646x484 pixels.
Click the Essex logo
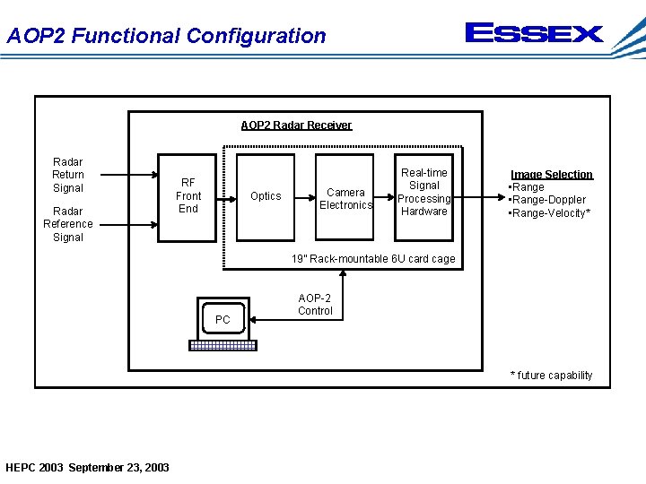pyautogui.click(x=534, y=34)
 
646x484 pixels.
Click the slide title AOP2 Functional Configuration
pyautogui.click(x=166, y=36)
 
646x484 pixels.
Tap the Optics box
pyautogui.click(x=266, y=195)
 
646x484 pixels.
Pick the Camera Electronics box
pyautogui.click(x=345, y=198)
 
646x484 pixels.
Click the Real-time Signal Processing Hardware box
pyautogui.click(x=423, y=192)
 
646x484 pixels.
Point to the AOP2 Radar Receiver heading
pyautogui.click(x=296, y=125)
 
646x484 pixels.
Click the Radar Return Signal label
pyautogui.click(x=68, y=175)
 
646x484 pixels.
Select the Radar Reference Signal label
pyautogui.click(x=68, y=224)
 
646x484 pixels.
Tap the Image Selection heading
pyautogui.click(x=552, y=175)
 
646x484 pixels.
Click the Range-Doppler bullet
pyautogui.click(x=547, y=200)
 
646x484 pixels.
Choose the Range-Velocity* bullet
pyautogui.click(x=549, y=212)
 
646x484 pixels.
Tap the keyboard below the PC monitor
pyautogui.click(x=223, y=345)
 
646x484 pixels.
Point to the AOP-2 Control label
pyautogui.click(x=315, y=305)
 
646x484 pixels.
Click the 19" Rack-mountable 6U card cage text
pyautogui.click(x=372, y=259)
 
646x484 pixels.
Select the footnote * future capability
pyautogui.click(x=551, y=376)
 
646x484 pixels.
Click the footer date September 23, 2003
pyautogui.click(x=118, y=467)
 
